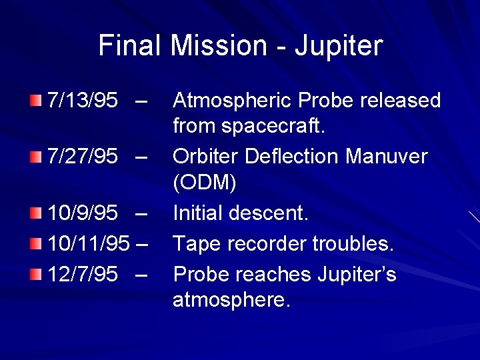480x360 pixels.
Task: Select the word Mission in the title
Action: click(x=217, y=46)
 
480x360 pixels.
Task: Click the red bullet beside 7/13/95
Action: click(x=35, y=101)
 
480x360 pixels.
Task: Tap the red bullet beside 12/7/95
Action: click(x=35, y=273)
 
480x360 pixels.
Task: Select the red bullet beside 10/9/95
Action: click(x=35, y=213)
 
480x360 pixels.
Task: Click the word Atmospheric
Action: click(x=233, y=101)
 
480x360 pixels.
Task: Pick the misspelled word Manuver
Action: click(x=387, y=157)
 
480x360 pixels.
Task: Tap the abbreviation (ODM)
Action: click(x=203, y=182)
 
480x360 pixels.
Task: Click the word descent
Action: click(x=269, y=213)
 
